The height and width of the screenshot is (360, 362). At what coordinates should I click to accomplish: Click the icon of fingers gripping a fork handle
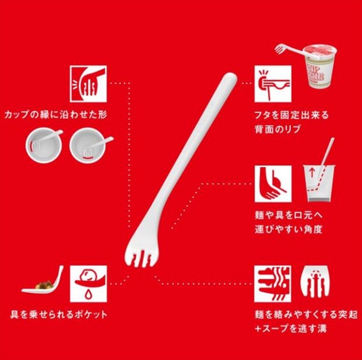click(x=88, y=84)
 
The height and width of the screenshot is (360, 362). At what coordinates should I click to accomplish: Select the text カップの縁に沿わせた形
click(x=55, y=115)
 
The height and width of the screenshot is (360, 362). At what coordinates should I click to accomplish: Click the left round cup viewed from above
click(x=44, y=145)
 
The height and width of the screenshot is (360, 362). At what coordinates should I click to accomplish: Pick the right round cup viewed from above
click(x=88, y=145)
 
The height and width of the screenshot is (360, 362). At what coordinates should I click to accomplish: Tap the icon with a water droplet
click(x=88, y=284)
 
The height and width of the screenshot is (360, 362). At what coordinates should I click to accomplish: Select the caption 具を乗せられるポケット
click(x=59, y=315)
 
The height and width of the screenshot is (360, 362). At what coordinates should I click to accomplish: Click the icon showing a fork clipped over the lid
click(x=273, y=84)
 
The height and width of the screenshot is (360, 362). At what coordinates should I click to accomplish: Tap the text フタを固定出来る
click(x=291, y=115)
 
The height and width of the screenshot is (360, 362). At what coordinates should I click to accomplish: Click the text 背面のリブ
click(x=278, y=129)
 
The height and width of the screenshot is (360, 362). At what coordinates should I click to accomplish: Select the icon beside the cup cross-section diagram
click(x=273, y=184)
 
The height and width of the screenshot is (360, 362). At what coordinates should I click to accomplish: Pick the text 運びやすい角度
click(x=288, y=229)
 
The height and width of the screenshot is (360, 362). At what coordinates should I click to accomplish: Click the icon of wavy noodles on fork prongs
click(x=273, y=284)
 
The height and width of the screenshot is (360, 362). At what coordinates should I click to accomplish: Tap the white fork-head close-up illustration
click(x=315, y=281)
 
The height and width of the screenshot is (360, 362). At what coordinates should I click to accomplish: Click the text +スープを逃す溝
click(x=291, y=329)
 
